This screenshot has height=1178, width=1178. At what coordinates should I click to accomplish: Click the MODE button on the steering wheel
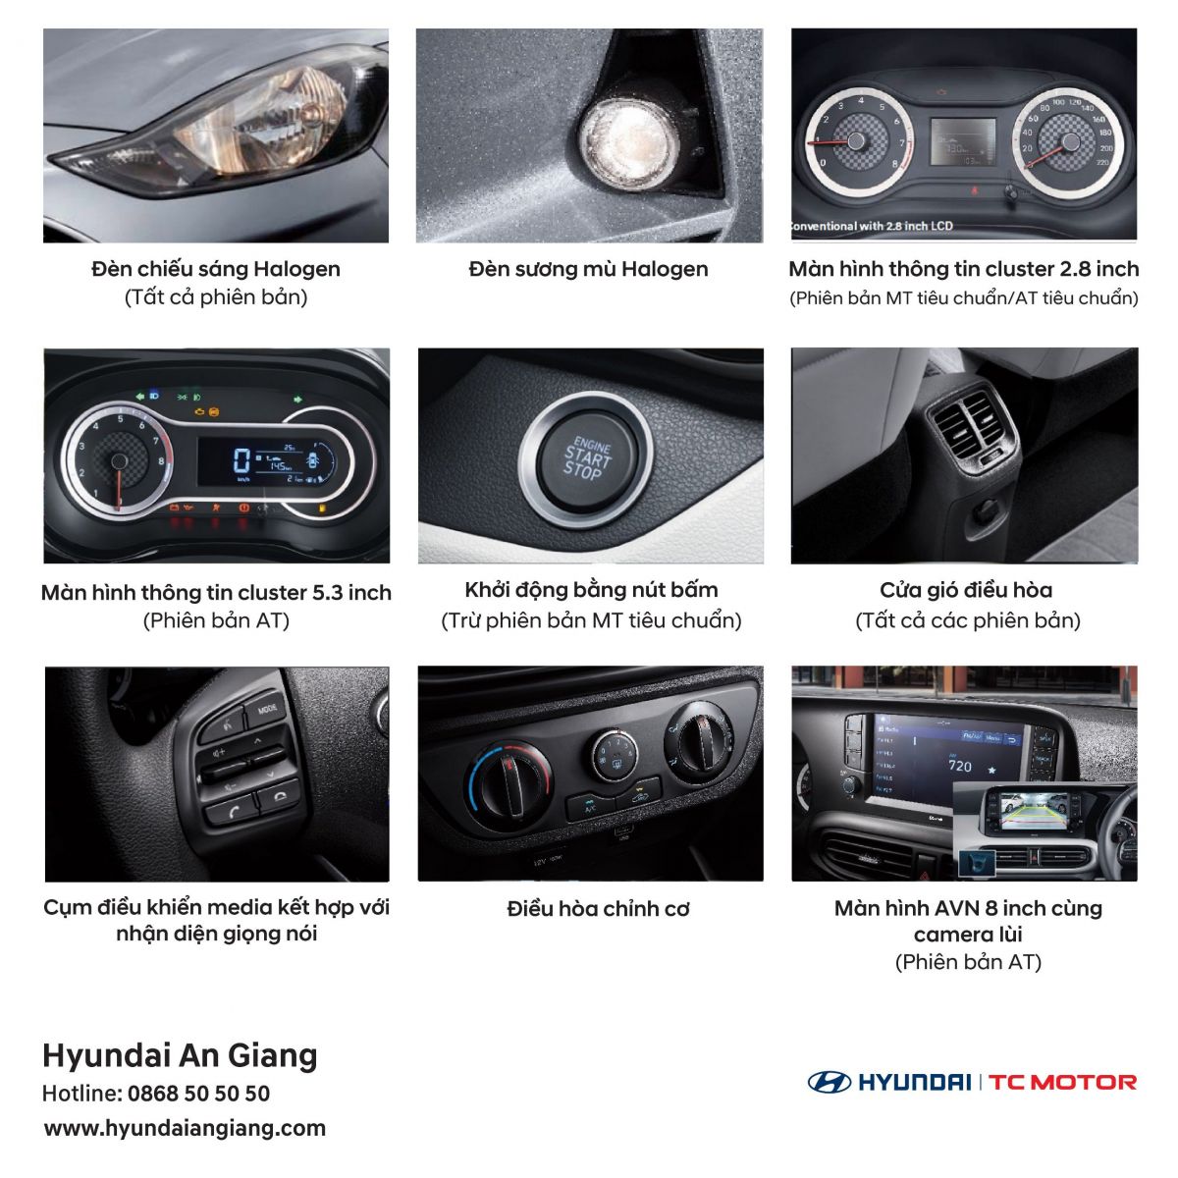pyautogui.click(x=266, y=711)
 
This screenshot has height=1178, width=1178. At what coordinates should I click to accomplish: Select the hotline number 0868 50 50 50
pyautogui.click(x=198, y=1094)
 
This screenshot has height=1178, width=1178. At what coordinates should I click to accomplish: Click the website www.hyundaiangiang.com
pyautogui.click(x=185, y=1128)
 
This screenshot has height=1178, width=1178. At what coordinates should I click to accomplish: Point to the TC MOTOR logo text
pyautogui.click(x=1062, y=1083)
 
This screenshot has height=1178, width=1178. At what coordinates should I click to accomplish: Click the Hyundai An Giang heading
pyautogui.click(x=180, y=1055)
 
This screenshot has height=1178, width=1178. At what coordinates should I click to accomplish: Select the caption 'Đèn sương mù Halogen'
pyautogui.click(x=588, y=269)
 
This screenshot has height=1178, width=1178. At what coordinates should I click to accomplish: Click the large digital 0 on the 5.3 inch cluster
pyautogui.click(x=241, y=459)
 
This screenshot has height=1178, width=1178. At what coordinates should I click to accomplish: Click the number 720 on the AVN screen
pyautogui.click(x=960, y=766)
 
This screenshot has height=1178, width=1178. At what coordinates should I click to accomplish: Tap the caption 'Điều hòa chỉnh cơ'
pyautogui.click(x=598, y=909)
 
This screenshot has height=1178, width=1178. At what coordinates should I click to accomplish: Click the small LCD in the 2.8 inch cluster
pyautogui.click(x=962, y=141)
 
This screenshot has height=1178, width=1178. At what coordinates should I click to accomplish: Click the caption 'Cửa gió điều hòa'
pyautogui.click(x=966, y=591)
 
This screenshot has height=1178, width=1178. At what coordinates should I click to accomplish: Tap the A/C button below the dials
pyautogui.click(x=590, y=807)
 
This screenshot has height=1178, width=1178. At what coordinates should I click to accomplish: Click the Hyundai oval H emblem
pyautogui.click(x=830, y=1083)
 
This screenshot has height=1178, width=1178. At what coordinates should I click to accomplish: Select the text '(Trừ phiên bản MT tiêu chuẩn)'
pyautogui.click(x=591, y=621)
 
